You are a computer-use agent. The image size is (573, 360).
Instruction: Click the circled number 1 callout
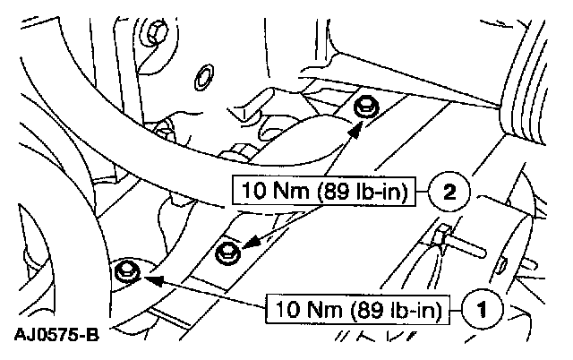click(481, 311)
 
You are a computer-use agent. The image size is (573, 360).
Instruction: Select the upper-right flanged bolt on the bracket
click(363, 108)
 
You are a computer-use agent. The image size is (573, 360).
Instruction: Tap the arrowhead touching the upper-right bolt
click(355, 127)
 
